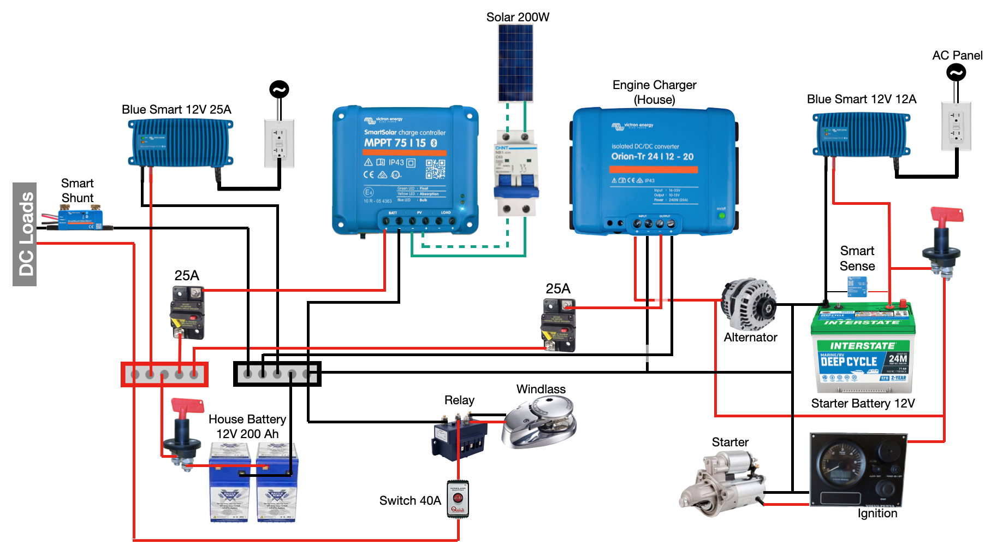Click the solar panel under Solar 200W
515,63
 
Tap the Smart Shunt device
81,218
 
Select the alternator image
749,304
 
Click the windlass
540,422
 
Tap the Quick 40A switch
458,498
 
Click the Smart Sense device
857,286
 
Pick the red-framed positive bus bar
164,375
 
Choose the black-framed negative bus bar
277,374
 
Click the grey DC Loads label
25,234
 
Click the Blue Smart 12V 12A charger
861,134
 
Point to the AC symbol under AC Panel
956,72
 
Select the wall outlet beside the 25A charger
280,143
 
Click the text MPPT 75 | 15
395,143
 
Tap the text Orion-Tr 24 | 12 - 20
652,157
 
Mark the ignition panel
857,470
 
